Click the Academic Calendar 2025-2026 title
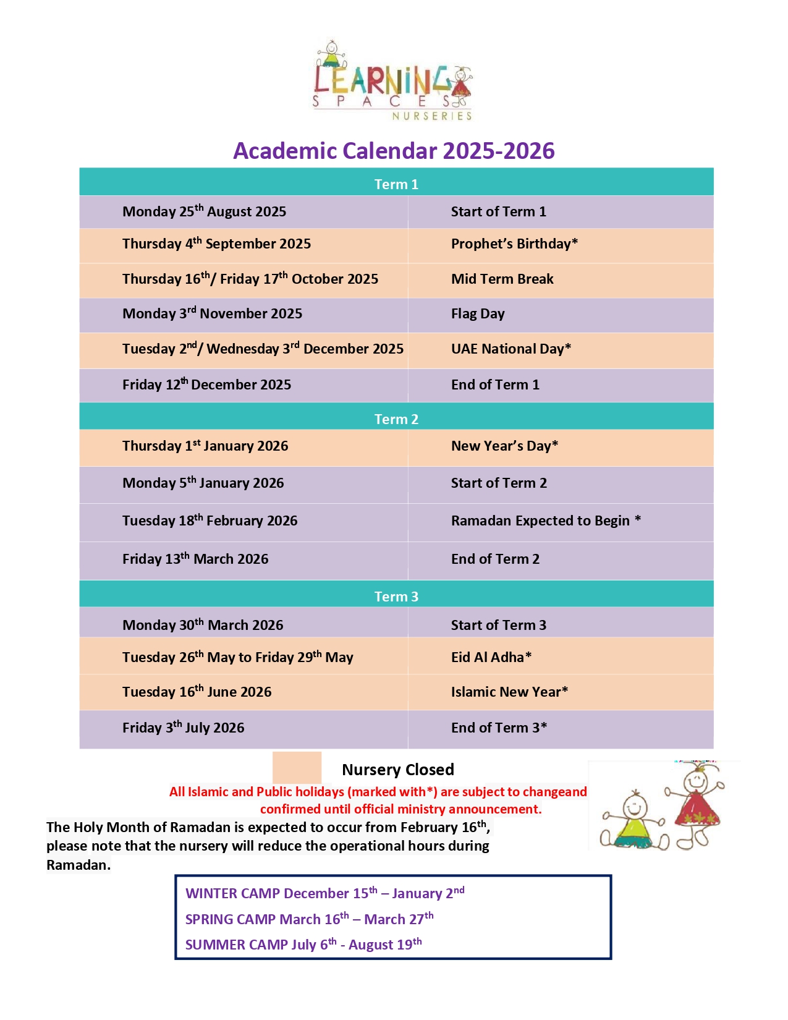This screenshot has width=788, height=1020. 394,151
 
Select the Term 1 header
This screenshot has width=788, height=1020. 396,184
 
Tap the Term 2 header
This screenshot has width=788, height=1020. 396,419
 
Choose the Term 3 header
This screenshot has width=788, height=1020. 396,597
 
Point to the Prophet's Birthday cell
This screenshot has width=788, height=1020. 514,244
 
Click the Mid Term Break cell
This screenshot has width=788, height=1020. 502,279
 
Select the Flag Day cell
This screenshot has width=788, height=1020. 478,314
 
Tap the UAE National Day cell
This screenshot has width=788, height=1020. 511,349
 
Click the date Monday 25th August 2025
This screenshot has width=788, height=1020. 204,212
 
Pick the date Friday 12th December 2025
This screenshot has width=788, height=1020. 206,385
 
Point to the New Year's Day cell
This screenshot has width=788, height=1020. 504,446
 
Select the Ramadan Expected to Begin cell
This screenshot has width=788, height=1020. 546,521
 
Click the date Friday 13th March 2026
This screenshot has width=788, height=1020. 195,559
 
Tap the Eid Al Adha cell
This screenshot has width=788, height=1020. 491,658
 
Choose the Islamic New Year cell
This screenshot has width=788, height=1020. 509,692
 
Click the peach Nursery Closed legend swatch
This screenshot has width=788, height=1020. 297,768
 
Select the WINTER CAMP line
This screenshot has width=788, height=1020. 324,893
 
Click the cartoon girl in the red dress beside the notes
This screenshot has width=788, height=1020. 697,804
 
